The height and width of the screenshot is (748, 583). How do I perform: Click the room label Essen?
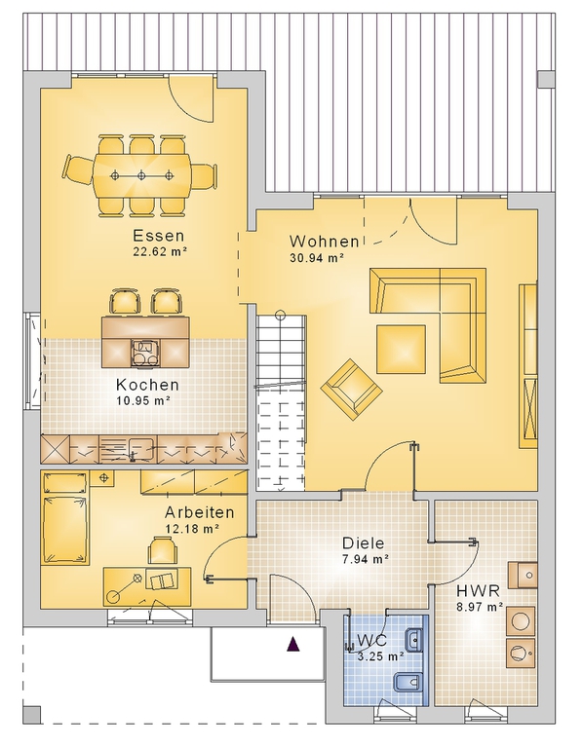coord(158,236)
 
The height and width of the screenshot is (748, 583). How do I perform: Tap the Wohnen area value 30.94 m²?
coord(318,258)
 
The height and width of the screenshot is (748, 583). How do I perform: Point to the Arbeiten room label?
coord(200,512)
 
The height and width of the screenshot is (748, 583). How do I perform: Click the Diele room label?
coord(364,542)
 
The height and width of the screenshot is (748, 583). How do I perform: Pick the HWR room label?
coord(479,591)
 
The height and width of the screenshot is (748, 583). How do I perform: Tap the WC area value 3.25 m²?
coord(380,656)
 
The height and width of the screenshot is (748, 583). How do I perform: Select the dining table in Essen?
coord(141,175)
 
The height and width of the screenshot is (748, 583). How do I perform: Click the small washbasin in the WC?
coord(413,640)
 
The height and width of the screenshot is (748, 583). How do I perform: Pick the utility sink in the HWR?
coord(523,576)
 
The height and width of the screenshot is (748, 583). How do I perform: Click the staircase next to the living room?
coord(281,401)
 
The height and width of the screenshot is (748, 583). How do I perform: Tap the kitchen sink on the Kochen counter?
coord(128,448)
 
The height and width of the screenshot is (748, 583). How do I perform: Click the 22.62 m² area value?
coord(159,251)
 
